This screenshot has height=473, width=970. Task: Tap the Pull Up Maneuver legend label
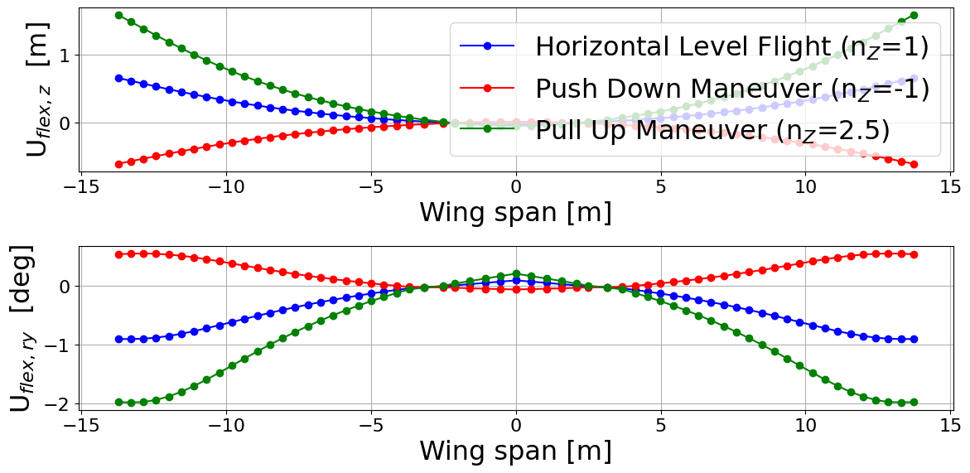[x=712, y=130]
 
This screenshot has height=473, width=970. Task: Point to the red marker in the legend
[x=487, y=88]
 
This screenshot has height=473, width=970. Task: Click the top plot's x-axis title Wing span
[x=515, y=213]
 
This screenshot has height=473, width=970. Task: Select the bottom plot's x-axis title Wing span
[x=515, y=451]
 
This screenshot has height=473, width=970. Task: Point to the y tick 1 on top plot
[x=63, y=56]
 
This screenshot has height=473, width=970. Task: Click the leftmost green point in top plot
[x=118, y=15]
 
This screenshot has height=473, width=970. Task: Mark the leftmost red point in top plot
[x=118, y=164]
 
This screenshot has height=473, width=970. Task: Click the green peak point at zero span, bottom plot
[x=516, y=273]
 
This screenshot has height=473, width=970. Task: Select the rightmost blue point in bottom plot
[x=914, y=339]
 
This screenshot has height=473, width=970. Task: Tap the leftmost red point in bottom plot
[x=118, y=254]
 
